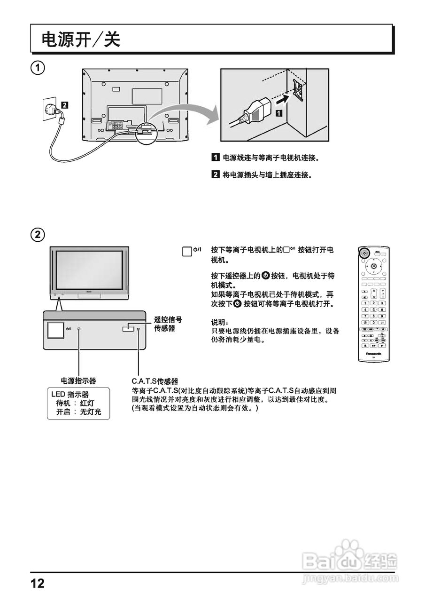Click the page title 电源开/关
coord(81,40)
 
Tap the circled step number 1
coord(38,68)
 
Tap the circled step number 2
coord(38,234)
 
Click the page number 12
coord(38,584)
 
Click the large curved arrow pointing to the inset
coord(188,115)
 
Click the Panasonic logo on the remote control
coord(373,353)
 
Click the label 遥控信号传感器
coord(168,324)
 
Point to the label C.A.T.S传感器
coord(155,380)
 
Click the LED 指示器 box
coord(79,404)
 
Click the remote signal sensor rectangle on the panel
coord(128,329)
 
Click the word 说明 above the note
coord(219,323)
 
